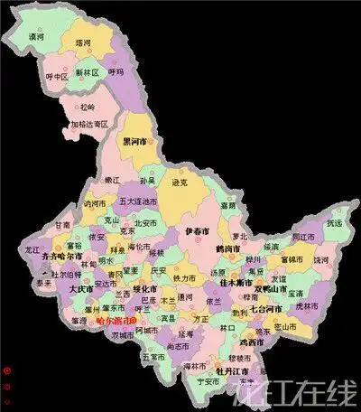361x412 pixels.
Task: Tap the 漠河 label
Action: (37, 37)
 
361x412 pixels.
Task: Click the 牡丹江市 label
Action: (234, 371)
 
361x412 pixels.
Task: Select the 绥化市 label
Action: (145, 289)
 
